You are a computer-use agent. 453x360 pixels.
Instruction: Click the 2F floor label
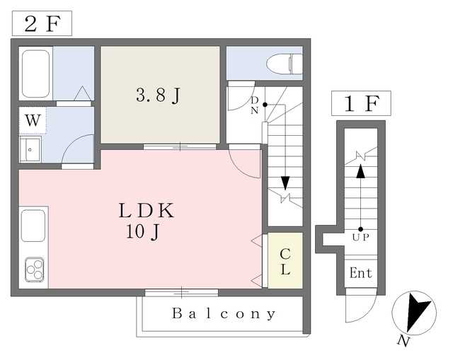point(42,23)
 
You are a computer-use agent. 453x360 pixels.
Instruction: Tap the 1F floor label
point(362,104)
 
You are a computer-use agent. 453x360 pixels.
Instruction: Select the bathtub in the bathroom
point(35,74)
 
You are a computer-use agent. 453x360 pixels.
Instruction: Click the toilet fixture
point(285,64)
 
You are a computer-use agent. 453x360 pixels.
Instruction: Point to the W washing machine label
point(33,120)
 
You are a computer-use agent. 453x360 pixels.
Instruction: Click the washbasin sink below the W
point(30,149)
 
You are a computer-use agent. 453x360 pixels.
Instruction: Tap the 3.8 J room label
point(159,95)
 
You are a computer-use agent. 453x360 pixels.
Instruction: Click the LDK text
point(147,211)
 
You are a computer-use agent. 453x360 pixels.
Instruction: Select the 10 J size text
point(143,231)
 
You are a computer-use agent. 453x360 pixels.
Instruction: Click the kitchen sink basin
point(33,226)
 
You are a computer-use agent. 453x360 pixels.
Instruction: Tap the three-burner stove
point(35,269)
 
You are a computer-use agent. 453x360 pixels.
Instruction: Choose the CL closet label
point(285,262)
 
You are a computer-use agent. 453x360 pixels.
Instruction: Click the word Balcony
point(224,314)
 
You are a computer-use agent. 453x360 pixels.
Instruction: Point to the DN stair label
point(255,105)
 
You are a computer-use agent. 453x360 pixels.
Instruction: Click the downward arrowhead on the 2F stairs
point(285,183)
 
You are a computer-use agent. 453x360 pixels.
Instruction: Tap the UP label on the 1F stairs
point(361,238)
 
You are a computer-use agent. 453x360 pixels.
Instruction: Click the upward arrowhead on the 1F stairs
point(360,171)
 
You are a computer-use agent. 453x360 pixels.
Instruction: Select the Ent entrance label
point(360,273)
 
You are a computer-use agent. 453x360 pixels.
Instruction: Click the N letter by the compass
point(403,341)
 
